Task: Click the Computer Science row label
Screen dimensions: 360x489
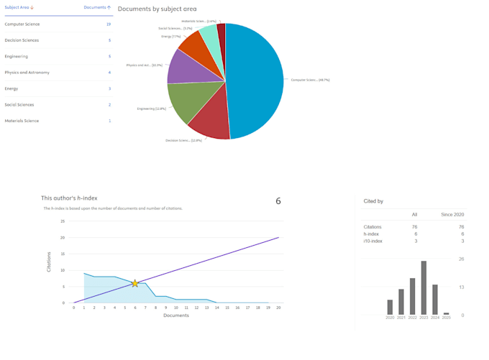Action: (22, 24)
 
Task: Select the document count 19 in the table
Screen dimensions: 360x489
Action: (109, 24)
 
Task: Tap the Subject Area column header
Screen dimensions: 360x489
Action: (19, 7)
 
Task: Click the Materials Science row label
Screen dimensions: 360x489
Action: (22, 121)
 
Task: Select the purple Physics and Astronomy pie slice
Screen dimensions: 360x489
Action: (185, 67)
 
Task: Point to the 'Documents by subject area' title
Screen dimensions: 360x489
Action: (157, 9)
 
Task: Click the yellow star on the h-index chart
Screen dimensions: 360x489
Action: (134, 284)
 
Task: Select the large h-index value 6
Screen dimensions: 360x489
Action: (278, 201)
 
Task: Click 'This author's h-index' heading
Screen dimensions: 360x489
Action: (69, 198)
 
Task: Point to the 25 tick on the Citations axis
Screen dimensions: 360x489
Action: (63, 221)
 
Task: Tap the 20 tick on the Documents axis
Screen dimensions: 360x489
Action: (278, 308)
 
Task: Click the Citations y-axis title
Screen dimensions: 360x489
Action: (49, 262)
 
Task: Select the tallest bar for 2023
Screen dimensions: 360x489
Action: (424, 287)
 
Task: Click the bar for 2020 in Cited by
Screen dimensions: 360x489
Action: (390, 308)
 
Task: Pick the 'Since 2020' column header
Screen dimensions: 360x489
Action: (452, 215)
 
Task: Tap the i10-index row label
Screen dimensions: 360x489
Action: (373, 241)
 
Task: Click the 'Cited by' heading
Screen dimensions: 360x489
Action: (373, 201)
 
